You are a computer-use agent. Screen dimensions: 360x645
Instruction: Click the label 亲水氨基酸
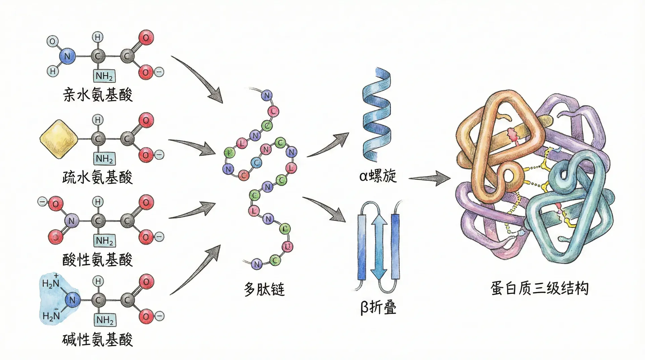coord(97,95)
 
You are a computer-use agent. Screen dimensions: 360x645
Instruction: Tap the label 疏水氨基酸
coord(97,177)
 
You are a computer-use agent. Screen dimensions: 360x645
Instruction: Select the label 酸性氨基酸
coord(97,260)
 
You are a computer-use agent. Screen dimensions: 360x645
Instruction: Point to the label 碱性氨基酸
coord(97,340)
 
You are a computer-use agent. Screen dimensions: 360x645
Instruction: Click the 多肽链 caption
coord(264,289)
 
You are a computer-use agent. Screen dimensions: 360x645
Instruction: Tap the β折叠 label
coord(378,307)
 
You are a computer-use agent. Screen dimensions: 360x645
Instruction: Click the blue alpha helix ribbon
coord(376,114)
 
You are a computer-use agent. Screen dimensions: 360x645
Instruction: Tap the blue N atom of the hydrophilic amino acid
coord(67,56)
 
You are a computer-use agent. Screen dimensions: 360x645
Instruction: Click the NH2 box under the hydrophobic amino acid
coord(104,159)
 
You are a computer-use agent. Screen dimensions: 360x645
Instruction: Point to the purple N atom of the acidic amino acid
coord(71,221)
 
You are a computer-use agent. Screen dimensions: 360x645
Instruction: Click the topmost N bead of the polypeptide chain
coord(267,95)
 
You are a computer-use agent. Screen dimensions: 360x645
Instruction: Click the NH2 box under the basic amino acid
coord(104,320)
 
